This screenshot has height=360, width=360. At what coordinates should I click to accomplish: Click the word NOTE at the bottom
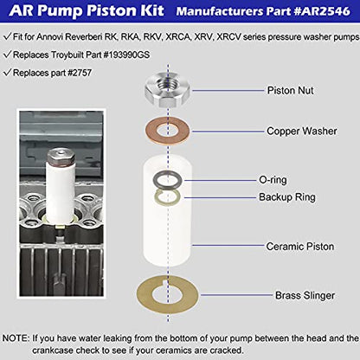click(15, 337)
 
